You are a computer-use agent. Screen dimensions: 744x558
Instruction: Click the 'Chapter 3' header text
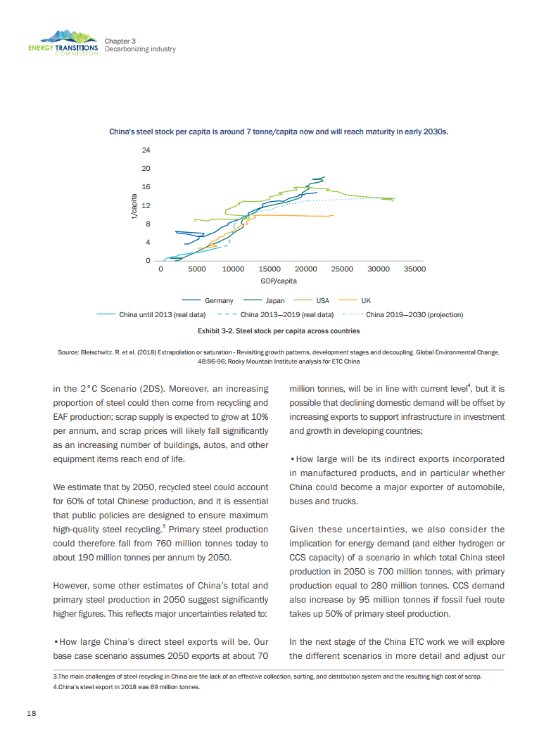click(x=120, y=41)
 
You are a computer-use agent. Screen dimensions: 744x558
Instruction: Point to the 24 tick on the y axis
click(x=146, y=150)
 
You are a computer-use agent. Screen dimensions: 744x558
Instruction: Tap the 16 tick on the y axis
click(x=146, y=187)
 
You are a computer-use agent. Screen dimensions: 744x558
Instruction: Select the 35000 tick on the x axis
click(x=414, y=269)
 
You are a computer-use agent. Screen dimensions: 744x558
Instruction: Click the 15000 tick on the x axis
click(x=270, y=269)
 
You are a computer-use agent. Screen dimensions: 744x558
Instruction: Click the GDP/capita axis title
click(x=279, y=281)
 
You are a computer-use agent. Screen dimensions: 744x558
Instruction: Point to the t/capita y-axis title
click(x=134, y=206)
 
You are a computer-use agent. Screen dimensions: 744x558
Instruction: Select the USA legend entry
click(x=322, y=300)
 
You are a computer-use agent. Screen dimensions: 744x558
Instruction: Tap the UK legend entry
click(x=365, y=300)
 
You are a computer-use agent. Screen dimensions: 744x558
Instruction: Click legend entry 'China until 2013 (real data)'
click(x=162, y=314)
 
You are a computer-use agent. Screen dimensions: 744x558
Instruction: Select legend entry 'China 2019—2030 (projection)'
click(x=414, y=314)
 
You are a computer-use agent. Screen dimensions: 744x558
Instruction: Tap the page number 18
click(x=32, y=713)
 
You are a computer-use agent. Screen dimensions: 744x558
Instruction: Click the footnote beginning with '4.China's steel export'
click(x=127, y=688)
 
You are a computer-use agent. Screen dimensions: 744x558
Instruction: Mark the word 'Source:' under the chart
click(x=69, y=352)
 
